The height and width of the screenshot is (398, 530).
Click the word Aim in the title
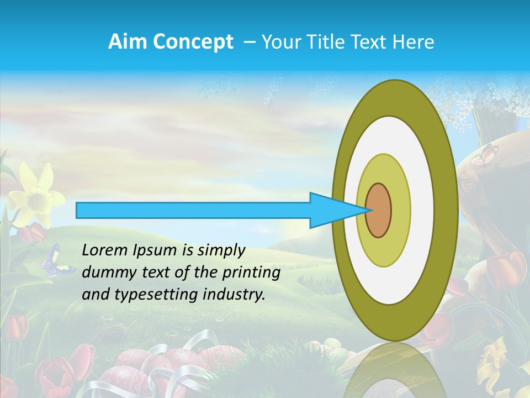tap(126, 42)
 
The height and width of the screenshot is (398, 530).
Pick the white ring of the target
tap(422, 210)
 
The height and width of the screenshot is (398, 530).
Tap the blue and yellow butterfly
tap(56, 261)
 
